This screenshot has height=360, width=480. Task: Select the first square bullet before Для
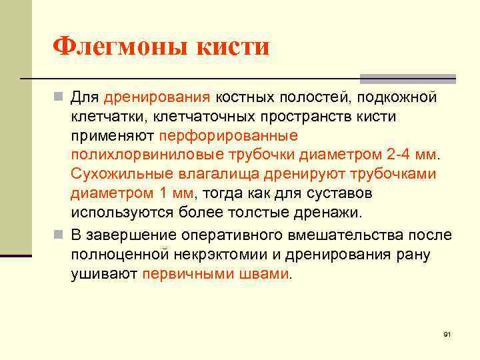59,98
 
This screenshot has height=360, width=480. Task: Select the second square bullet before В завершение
59,235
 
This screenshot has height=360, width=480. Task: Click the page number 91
447,333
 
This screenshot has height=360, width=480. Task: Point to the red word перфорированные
228,135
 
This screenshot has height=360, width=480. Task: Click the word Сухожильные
121,174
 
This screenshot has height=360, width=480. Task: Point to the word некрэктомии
235,255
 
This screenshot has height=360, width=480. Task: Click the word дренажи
329,213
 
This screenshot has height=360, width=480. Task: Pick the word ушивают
104,274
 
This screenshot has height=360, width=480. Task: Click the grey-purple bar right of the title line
407,78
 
